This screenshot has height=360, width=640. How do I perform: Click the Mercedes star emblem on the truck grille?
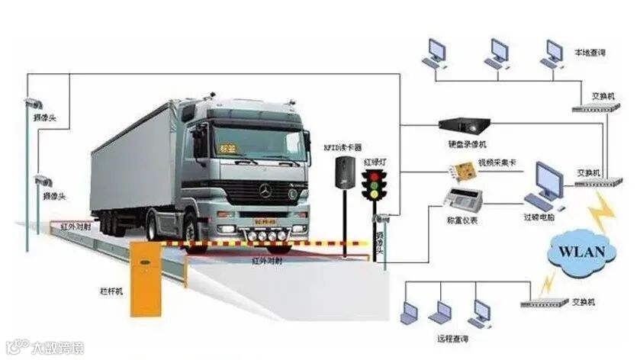pyautogui.click(x=265, y=191)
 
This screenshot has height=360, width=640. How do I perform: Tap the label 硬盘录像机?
pyautogui.click(x=465, y=144)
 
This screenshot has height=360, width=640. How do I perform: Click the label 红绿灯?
pyautogui.click(x=376, y=162)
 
